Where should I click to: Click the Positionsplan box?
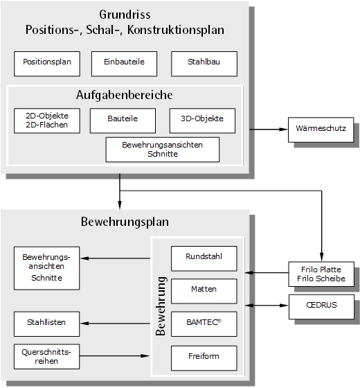coord(47,64)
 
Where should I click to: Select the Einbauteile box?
coord(124,64)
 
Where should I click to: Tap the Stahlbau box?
coord(204,64)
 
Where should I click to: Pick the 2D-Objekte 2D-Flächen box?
coord(47,121)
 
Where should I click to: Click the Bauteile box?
coord(123,121)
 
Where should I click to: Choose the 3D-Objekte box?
coord(202,121)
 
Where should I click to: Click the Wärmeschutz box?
coord(321,130)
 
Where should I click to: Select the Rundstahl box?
coord(204,258)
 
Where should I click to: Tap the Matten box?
coord(204,291)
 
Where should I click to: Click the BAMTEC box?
coord(204,324)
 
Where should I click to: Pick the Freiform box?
coord(204,358)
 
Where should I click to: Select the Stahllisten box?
coord(47,324)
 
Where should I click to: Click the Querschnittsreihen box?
coord(47,357)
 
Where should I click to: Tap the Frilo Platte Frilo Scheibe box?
coord(321,274)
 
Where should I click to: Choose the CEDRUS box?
coord(321,307)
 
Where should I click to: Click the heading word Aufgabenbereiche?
coord(125,96)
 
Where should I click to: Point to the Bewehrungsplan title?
coord(125,222)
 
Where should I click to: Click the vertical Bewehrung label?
coord(161,306)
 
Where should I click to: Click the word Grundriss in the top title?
coord(125,15)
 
